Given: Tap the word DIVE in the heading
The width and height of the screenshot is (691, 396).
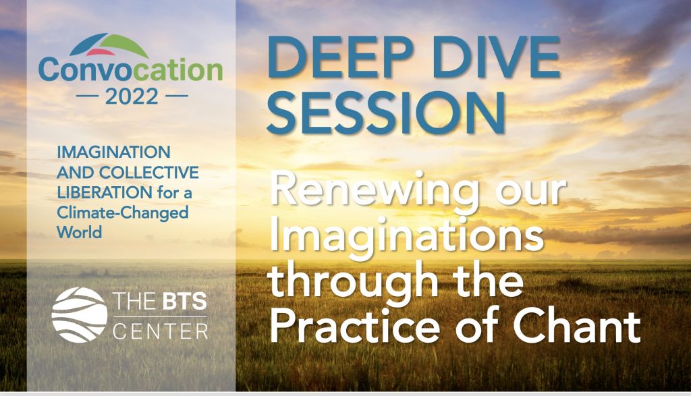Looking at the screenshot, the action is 497,57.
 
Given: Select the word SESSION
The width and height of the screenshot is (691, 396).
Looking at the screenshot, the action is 386,113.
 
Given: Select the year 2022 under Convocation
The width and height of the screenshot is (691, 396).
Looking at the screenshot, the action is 132,96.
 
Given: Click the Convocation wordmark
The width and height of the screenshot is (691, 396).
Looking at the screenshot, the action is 130,70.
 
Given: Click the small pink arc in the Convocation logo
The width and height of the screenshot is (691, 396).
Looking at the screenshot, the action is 101,52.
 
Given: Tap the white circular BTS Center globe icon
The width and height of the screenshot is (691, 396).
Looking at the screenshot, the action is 80,315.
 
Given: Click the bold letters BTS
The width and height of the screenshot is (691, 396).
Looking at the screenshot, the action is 185,302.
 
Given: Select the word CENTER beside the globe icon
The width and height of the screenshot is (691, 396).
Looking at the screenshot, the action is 161,331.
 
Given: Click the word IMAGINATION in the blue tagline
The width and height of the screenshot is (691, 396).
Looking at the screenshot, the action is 113,152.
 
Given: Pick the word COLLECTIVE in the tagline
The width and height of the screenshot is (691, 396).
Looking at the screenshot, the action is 149,173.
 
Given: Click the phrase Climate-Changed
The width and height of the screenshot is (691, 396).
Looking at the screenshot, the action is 123,213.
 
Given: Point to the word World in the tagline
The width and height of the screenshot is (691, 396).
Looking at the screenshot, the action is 80,232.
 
